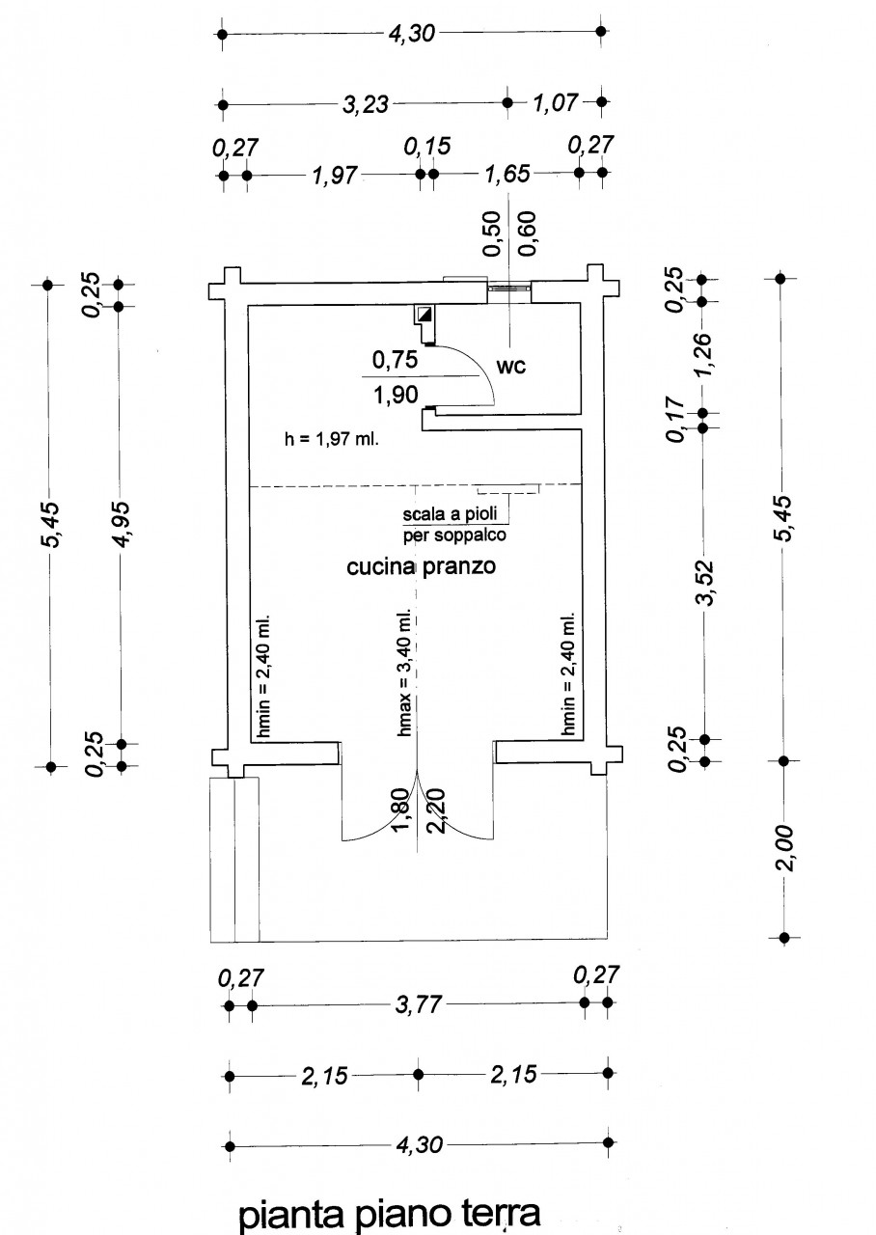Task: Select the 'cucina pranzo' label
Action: coord(421,567)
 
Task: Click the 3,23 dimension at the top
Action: coord(366,104)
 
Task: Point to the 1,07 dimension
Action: coord(555,102)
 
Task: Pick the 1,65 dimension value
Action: coord(507,175)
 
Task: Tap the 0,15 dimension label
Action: coord(427,147)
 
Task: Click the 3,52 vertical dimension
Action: coord(706,582)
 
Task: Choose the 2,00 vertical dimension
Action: coord(785,848)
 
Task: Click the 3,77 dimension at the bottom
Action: coord(418,1005)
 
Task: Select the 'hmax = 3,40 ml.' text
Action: coord(406,674)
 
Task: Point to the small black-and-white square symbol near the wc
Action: coord(424,314)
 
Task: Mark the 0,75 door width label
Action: coord(394,361)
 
